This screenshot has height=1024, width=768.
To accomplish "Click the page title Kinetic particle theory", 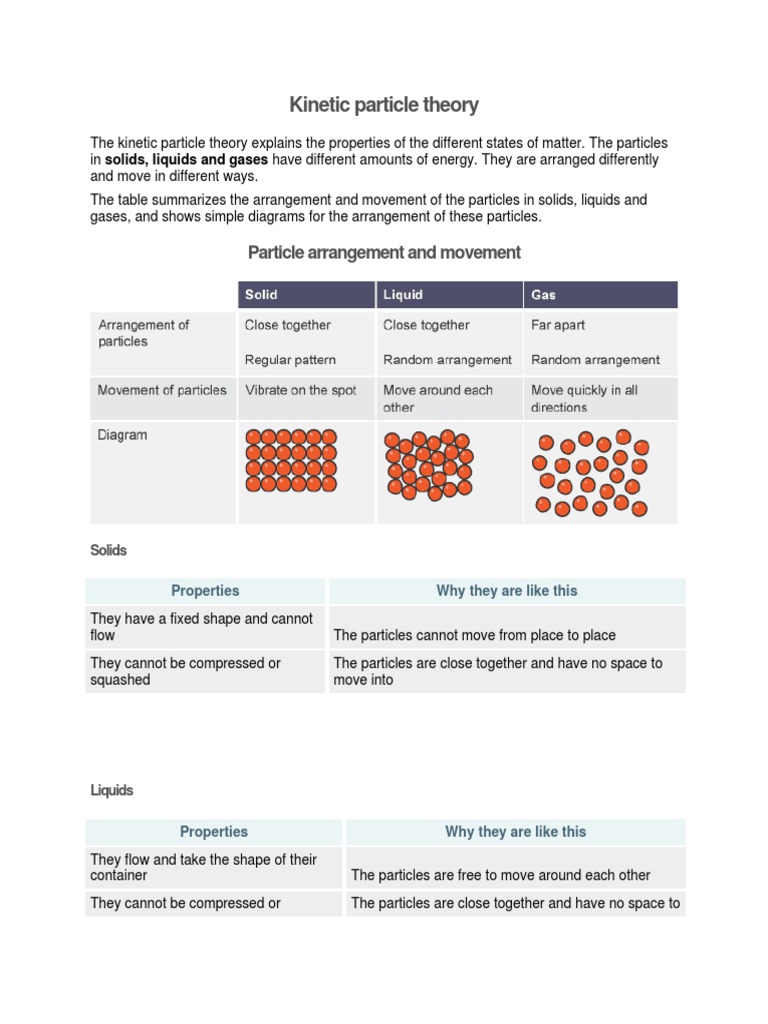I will [x=384, y=104].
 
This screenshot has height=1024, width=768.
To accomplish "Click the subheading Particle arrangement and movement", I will [x=384, y=252].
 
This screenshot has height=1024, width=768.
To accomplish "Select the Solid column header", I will [x=261, y=295].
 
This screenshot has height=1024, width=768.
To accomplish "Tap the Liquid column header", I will [x=403, y=295].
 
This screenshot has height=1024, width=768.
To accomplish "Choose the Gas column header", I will [x=544, y=295].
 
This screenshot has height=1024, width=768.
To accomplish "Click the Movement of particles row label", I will [x=162, y=390].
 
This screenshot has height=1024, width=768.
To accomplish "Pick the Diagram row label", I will [x=122, y=435].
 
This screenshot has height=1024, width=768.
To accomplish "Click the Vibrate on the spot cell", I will [x=300, y=390].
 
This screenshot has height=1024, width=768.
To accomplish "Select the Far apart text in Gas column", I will [x=558, y=325].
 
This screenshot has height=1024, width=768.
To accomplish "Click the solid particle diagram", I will [x=291, y=460].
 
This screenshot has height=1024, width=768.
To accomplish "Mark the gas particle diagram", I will [x=590, y=473].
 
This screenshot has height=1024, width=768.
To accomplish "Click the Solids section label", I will [x=109, y=550].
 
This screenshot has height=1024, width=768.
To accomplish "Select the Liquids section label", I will [x=112, y=790].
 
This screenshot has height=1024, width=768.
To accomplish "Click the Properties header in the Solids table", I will [x=205, y=591].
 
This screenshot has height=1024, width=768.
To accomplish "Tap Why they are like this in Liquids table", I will [x=515, y=831].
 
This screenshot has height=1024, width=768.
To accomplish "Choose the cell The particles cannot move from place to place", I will [x=474, y=635].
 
